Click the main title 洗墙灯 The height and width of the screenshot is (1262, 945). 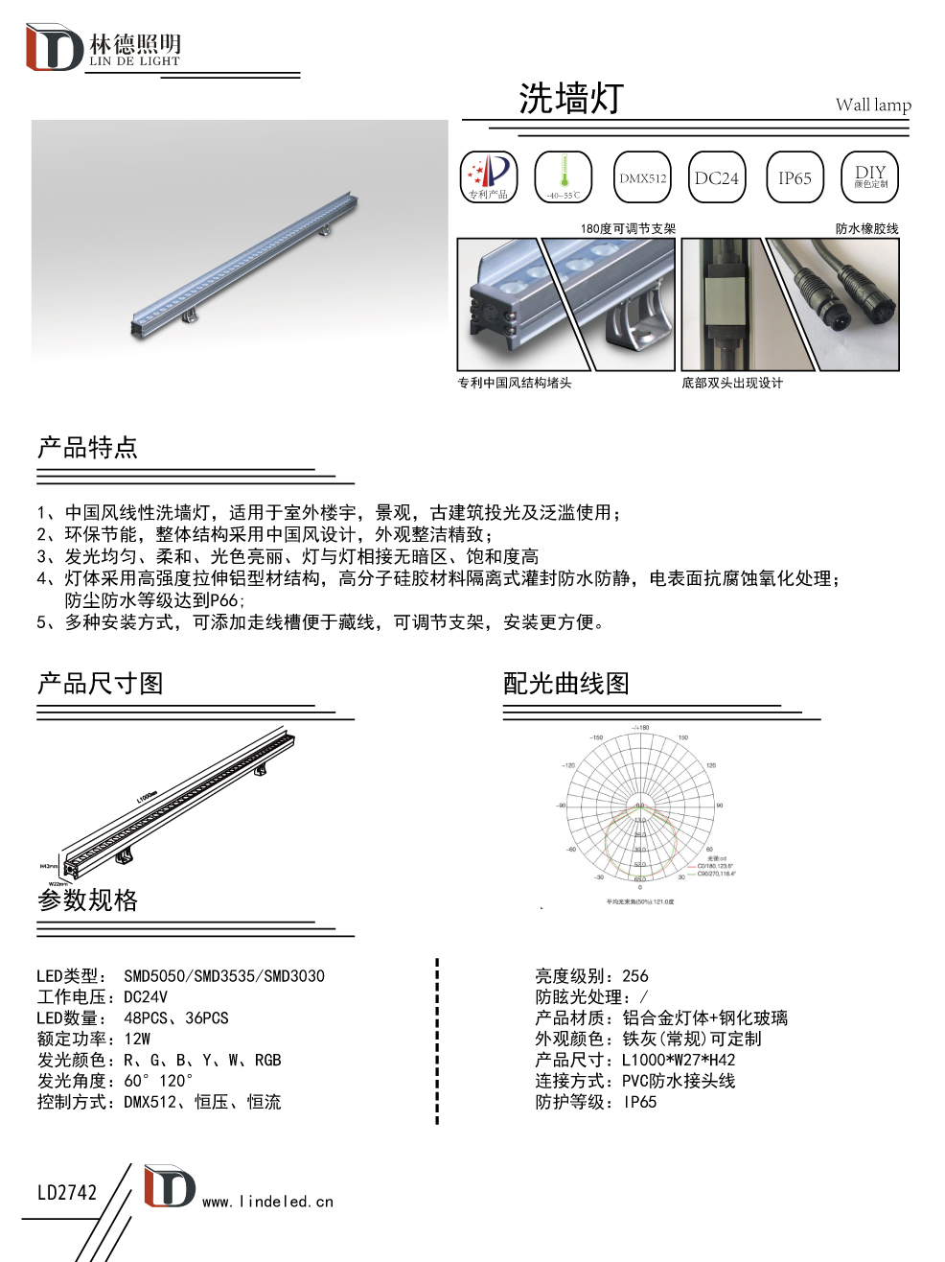click(x=571, y=99)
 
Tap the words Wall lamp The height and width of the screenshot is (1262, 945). click(x=873, y=105)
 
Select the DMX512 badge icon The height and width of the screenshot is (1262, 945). click(x=642, y=177)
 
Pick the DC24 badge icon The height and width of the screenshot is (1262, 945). click(x=717, y=177)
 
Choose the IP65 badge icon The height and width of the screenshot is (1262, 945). click(x=795, y=177)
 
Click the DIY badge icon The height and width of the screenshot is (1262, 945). click(x=870, y=177)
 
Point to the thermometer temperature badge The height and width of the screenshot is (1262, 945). click(x=564, y=177)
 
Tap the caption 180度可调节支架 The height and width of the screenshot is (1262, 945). click(x=628, y=228)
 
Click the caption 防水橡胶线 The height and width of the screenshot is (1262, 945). click(x=866, y=228)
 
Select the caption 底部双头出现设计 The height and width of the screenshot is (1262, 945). click(x=732, y=383)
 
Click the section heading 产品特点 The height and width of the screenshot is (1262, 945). click(x=87, y=448)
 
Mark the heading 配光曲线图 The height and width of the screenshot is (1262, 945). click(x=566, y=684)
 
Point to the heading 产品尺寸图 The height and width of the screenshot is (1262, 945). click(x=100, y=684)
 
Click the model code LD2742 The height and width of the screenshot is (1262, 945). click(x=67, y=1193)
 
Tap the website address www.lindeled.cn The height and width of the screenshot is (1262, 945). click(x=267, y=1202)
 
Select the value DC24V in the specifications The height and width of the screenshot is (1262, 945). click(x=146, y=997)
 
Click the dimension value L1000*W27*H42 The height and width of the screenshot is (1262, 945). click(x=679, y=1061)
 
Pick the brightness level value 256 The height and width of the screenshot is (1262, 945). click(x=635, y=976)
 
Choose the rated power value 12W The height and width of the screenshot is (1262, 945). click(x=137, y=1040)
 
